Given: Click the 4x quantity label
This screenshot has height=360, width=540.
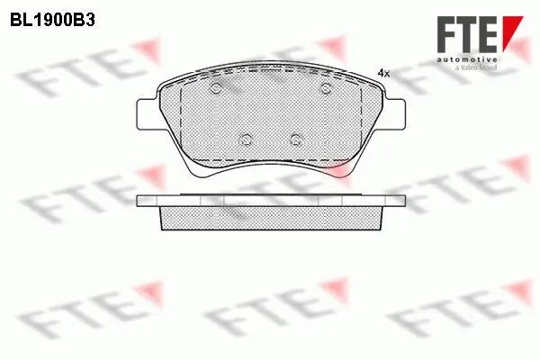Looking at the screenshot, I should (383, 71).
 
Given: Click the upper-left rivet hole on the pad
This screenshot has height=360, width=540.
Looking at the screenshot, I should (217, 88).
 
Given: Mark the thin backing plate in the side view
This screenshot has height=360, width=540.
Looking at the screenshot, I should (270, 200).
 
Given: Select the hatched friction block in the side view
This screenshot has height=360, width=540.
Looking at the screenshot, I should (270, 215).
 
